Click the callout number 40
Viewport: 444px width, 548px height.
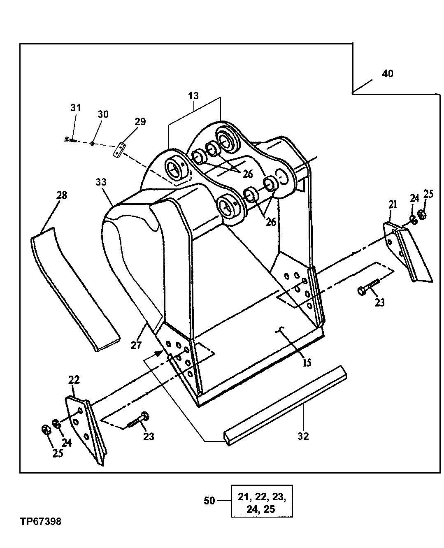click(387, 74)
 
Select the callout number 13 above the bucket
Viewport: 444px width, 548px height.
click(193, 96)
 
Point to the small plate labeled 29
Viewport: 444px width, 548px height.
click(119, 149)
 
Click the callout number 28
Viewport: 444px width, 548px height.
click(61, 195)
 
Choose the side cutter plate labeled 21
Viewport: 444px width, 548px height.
click(405, 251)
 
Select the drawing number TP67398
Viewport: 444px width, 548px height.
click(40, 522)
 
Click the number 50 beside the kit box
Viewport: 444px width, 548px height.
click(209, 501)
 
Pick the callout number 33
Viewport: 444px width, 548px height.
click(101, 181)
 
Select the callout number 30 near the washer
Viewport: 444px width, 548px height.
click(103, 114)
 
